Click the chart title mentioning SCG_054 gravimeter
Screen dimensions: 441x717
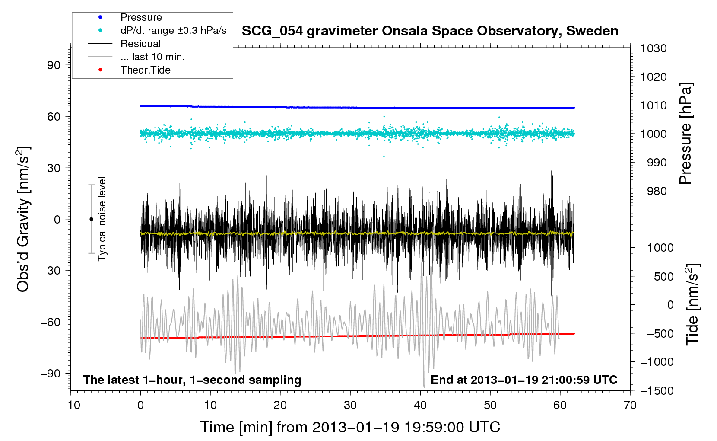click(430, 31)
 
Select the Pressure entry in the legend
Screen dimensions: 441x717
click(141, 17)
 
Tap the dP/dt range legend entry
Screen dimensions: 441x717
click(173, 30)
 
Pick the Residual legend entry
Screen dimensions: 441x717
click(140, 44)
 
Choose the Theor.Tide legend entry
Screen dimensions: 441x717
click(145, 70)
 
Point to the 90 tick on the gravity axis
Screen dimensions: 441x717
click(54, 65)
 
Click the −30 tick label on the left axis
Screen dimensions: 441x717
click(51, 271)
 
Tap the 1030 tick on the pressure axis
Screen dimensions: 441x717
click(653, 48)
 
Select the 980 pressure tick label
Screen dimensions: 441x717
click(657, 191)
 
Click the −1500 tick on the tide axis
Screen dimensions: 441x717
click(657, 391)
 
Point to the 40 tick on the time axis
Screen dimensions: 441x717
click(420, 405)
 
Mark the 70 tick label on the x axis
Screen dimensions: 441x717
click(630, 405)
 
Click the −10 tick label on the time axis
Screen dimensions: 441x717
click(70, 405)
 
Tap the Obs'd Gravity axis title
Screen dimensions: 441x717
click(23, 219)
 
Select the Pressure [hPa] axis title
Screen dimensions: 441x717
click(685, 134)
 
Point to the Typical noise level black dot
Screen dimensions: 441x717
click(91, 219)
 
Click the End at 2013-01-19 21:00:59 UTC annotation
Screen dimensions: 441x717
click(524, 380)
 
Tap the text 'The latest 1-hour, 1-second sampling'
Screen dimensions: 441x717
click(192, 380)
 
